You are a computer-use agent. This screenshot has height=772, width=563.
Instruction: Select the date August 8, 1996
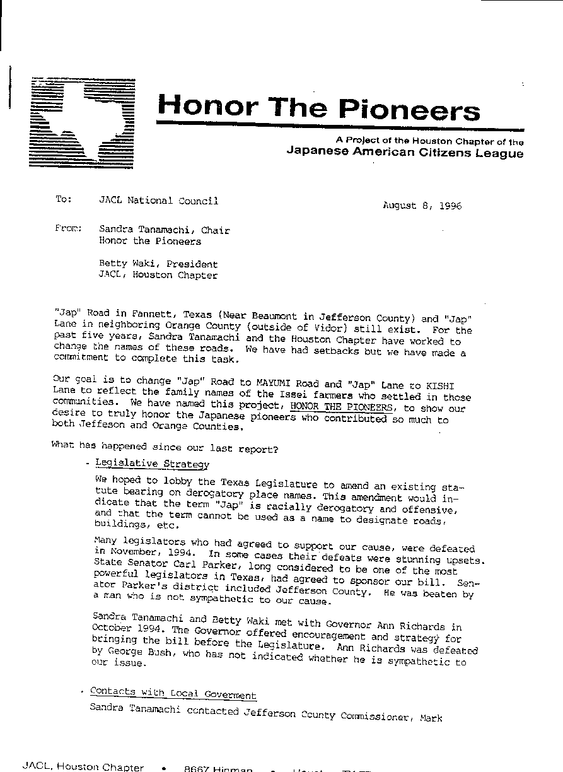coord(422,205)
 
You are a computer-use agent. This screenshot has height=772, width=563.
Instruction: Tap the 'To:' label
coord(64,199)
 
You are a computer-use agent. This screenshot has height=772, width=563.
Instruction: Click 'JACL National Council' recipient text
coord(158,201)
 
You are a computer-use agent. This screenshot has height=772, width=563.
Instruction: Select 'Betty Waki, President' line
coord(158,264)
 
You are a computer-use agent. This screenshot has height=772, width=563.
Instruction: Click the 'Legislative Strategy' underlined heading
coord(152,464)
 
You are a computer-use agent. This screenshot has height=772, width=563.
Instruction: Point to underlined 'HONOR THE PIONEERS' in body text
coord(344,407)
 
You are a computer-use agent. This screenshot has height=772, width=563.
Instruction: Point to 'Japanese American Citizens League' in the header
coord(405,153)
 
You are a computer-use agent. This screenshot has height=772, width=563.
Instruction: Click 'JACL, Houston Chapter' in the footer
coord(83,767)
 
